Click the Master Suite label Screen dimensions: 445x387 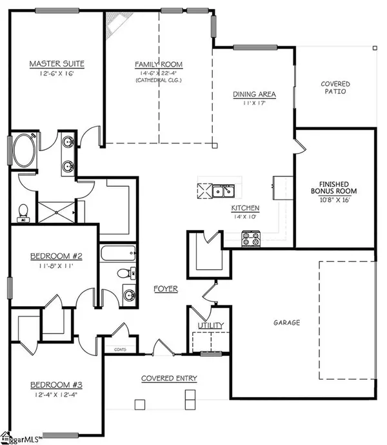[57, 63]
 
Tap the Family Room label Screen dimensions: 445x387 [158, 65]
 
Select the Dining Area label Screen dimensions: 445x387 [254, 94]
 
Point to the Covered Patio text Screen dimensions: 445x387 [335, 88]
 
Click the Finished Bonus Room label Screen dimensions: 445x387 [333, 187]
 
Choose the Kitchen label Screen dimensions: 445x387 [246, 208]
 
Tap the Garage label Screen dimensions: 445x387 [285, 322]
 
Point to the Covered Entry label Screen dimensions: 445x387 [170, 378]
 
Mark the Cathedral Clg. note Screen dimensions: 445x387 [158, 81]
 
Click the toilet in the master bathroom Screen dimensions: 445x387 [24, 211]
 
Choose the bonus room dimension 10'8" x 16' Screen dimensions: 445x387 [333, 200]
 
